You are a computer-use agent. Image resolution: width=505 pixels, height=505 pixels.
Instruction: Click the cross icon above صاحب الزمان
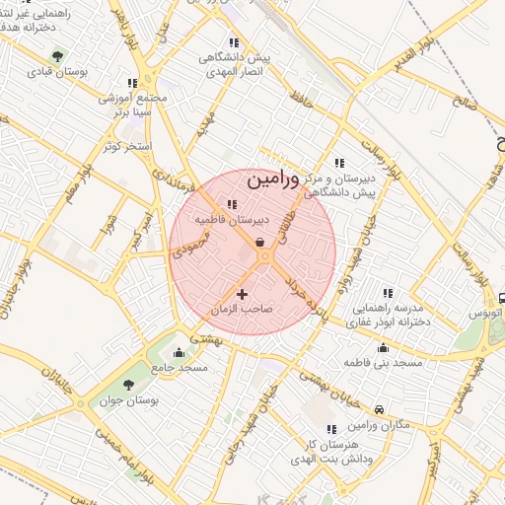(242, 293)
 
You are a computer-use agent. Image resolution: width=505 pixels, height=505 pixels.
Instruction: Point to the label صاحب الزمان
(242, 309)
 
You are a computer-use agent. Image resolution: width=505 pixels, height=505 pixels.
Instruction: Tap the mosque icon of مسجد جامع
(179, 353)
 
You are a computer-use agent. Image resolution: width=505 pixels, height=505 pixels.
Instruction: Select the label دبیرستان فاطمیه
(231, 222)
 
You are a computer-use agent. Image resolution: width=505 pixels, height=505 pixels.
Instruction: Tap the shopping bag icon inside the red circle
(259, 242)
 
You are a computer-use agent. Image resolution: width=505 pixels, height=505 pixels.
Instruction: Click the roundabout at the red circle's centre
(264, 257)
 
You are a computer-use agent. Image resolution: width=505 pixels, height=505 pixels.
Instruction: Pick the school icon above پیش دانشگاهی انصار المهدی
(233, 42)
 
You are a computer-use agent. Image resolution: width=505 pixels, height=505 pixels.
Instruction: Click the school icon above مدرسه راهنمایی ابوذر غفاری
(388, 293)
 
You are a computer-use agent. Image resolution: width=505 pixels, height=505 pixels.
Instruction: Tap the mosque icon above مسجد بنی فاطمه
(383, 347)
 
